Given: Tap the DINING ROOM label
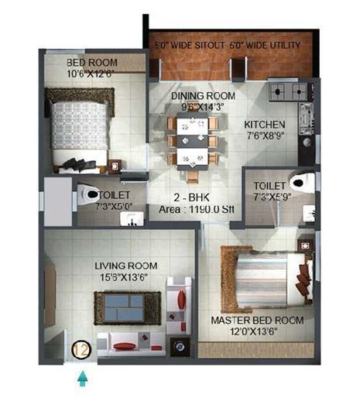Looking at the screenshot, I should tap(202, 96).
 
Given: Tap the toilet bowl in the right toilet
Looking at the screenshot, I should tap(299, 182).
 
